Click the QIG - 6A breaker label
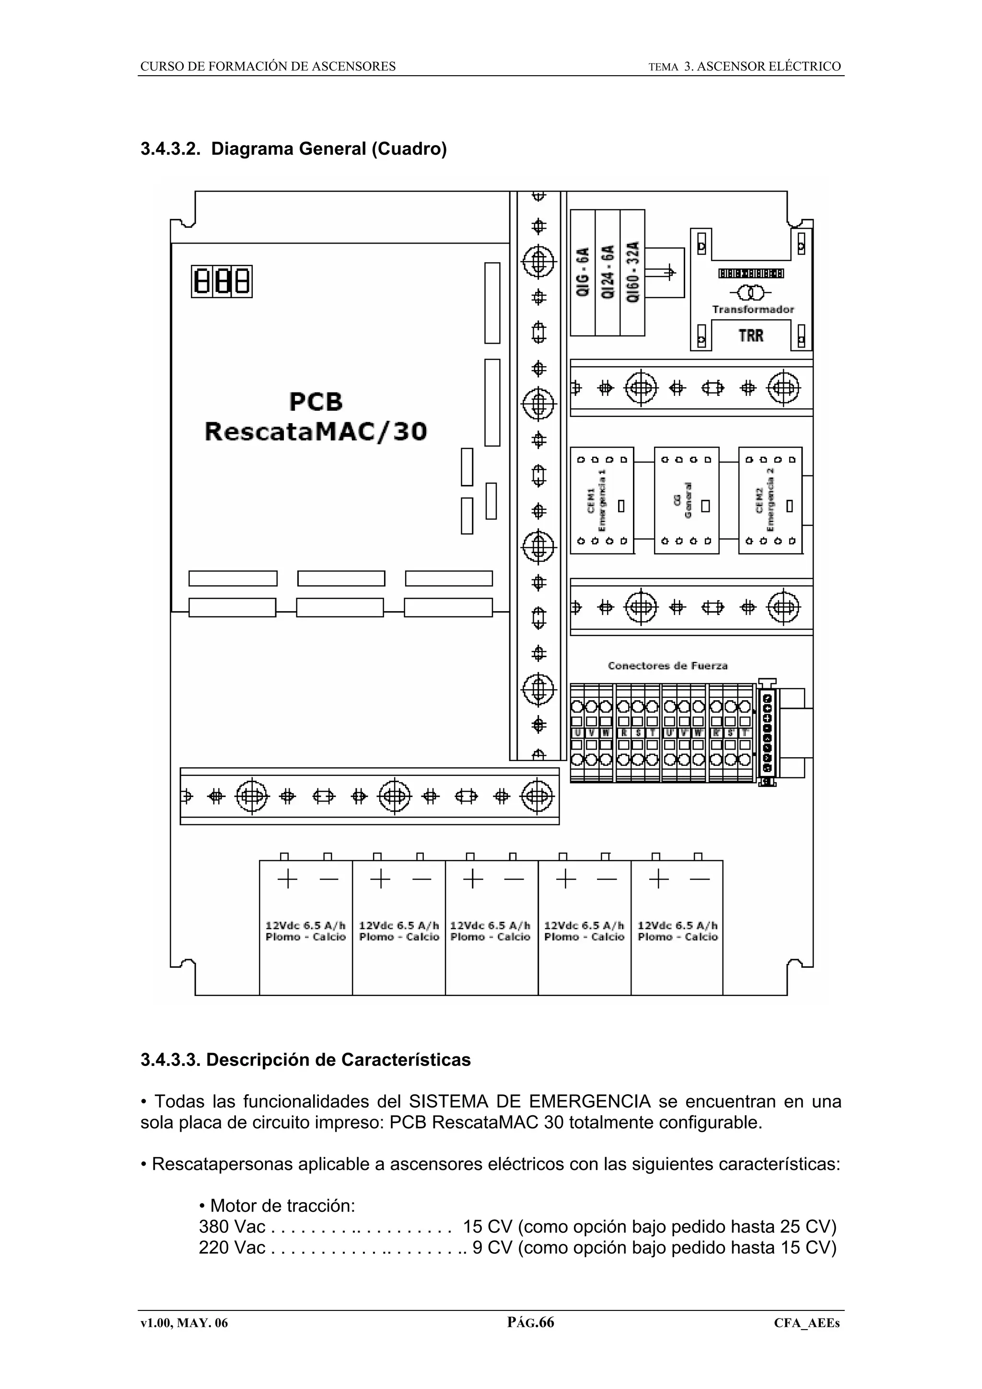coord(583,272)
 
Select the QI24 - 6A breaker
coord(608,272)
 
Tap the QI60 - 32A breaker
coord(632,272)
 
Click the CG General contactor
coord(686,500)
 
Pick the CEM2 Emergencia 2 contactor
coord(770,500)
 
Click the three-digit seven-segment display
coord(222,281)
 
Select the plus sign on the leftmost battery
coord(287,879)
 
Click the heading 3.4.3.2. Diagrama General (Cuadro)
coord(293,149)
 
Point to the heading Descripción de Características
coord(338,1060)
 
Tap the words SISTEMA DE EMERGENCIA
coord(529,1101)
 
